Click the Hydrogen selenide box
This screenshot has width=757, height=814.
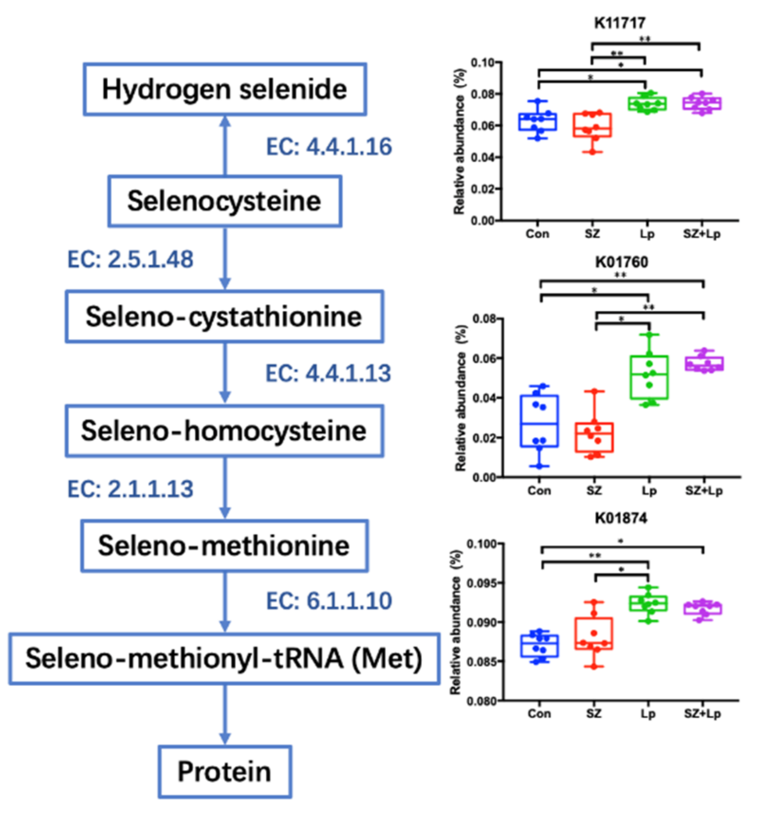coord(225,89)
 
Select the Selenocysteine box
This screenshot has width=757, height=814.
coord(225,201)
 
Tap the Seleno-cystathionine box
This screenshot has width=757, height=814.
coord(224,316)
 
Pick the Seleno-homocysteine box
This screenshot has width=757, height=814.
coord(224,431)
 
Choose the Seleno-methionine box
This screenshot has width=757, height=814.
coord(224,546)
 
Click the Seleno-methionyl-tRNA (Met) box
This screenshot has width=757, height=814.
coord(224,658)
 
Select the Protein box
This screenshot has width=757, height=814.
coord(225,771)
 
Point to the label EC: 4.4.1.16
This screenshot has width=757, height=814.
coord(329,147)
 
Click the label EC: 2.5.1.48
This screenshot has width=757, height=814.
coord(130,259)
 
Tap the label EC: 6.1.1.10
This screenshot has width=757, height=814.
coord(329,601)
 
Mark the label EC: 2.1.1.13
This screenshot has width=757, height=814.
coord(130,489)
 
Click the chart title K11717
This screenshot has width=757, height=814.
coord(620,23)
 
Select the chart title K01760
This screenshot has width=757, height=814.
coord(622,262)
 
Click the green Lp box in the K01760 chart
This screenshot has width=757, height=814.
coord(649,378)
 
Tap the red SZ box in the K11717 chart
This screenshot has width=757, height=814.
coord(592,125)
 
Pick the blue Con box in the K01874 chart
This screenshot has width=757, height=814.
coord(539,646)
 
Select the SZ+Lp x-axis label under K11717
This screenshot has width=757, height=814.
coord(702,234)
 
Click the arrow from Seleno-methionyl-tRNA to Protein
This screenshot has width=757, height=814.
coord(225,714)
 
